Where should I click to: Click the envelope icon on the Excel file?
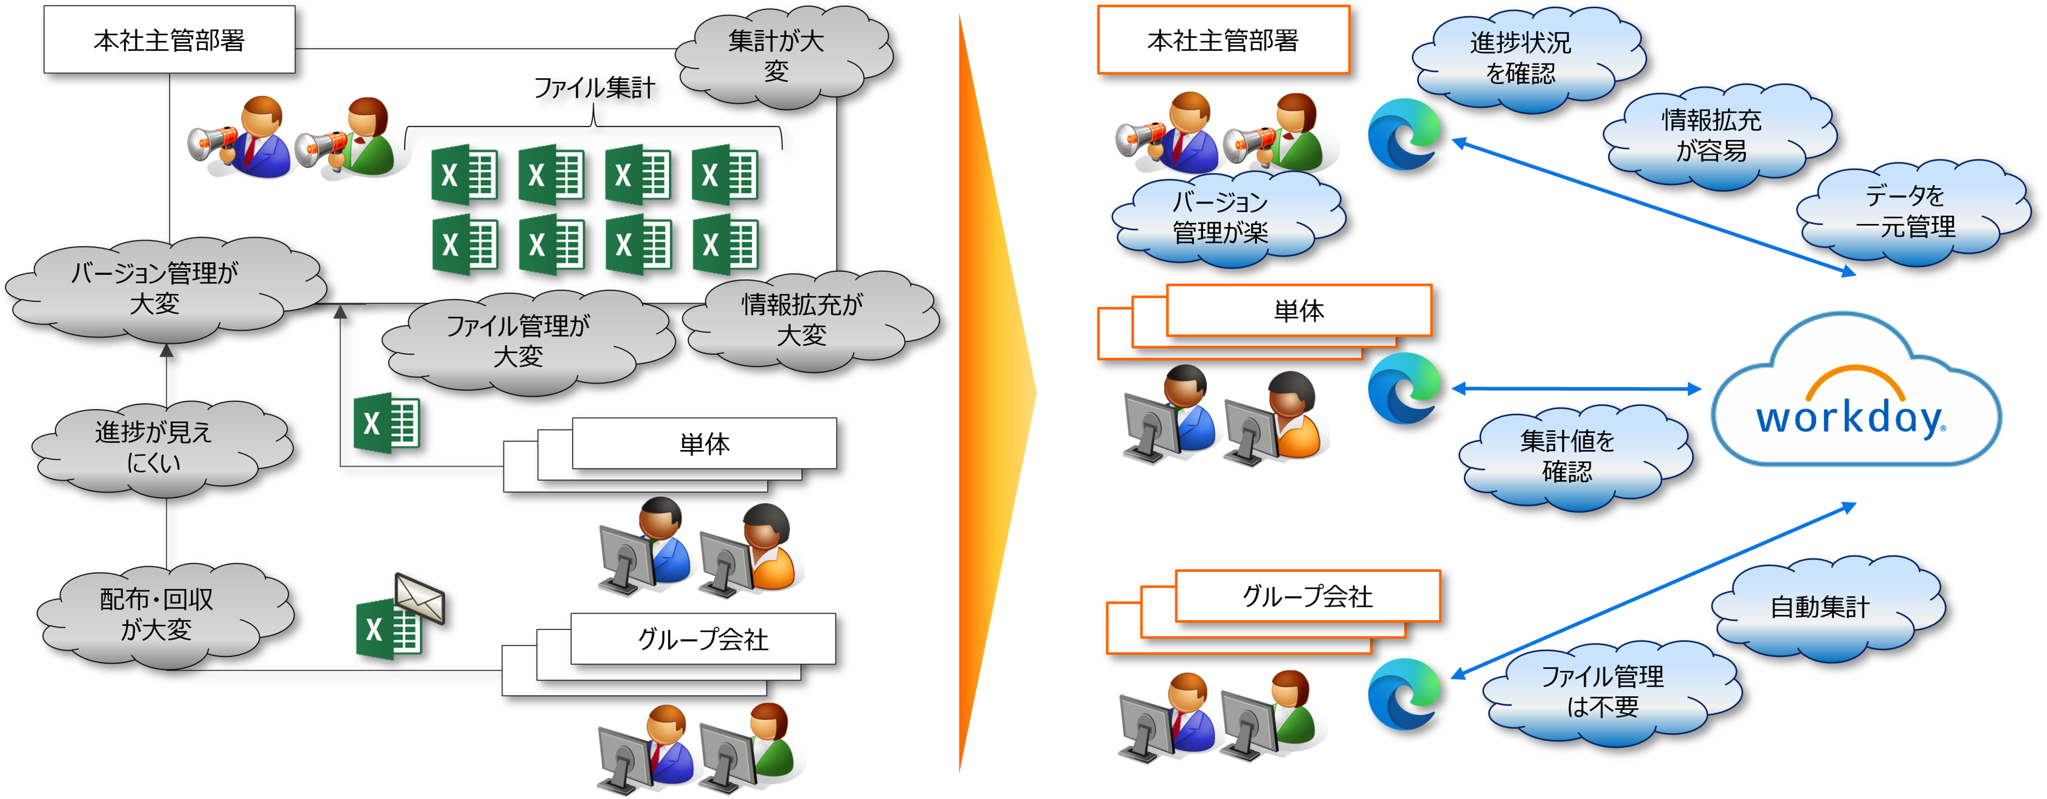419,597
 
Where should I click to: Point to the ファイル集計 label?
594,88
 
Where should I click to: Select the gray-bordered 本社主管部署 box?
169,40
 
